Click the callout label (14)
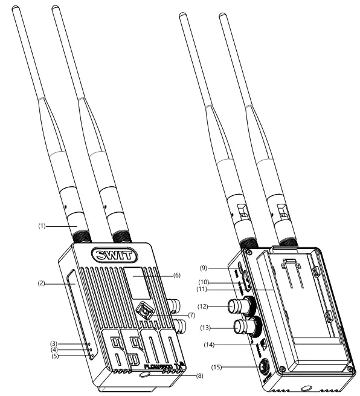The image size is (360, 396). point(209,345)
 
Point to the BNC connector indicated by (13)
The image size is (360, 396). point(247,328)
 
